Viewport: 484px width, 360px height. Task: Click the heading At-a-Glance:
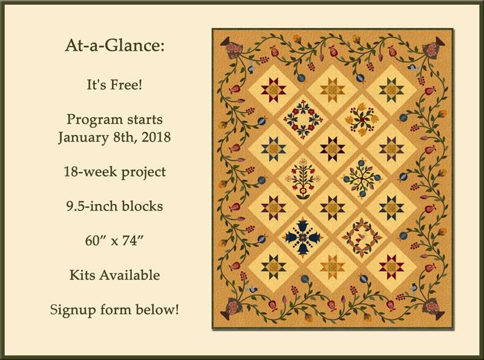coord(114,46)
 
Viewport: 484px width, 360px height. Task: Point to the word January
coord(83,138)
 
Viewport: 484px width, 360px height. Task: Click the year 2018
coord(156,137)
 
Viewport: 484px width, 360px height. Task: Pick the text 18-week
coord(91,172)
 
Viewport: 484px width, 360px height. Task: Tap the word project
coord(143,172)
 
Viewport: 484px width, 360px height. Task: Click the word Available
coord(129,275)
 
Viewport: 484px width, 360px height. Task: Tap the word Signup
coord(73,310)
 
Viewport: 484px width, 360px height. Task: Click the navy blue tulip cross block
coord(301,237)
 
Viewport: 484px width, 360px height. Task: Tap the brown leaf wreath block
coord(361,238)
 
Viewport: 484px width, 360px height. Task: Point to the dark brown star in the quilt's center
coord(332,149)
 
